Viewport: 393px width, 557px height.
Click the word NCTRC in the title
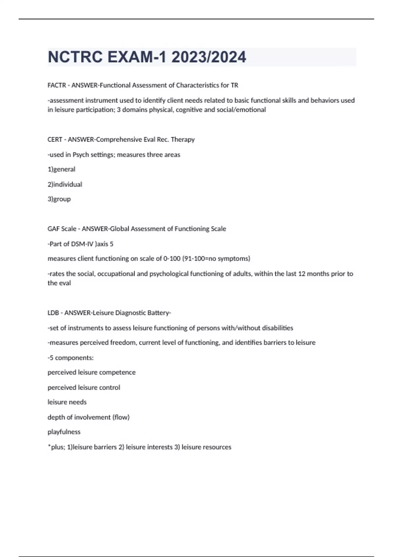coord(75,57)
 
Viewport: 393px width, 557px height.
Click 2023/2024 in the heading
coord(208,57)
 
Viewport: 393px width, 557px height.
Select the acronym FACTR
coord(57,85)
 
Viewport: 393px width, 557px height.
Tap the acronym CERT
coord(55,140)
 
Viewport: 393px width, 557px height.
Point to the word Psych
coord(80,155)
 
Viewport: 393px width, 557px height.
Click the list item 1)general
coord(62,169)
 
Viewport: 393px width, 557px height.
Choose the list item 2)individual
coord(65,184)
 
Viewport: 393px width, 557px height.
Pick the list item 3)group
coord(59,199)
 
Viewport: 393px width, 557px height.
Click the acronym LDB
coord(53,313)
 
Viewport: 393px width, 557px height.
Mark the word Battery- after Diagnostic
coord(159,313)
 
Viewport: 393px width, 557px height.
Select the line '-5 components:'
coord(71,358)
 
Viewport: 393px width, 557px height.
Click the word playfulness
coord(64,432)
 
